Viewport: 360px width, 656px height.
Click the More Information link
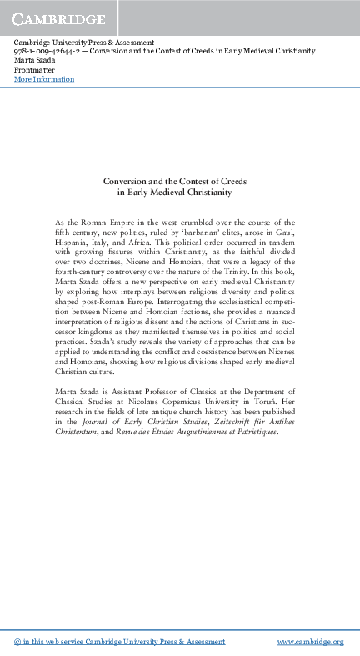coord(44,79)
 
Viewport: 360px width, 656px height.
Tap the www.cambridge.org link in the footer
coord(310,642)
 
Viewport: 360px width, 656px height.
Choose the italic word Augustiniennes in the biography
coord(188,433)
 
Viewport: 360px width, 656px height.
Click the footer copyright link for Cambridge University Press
coord(120,642)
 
